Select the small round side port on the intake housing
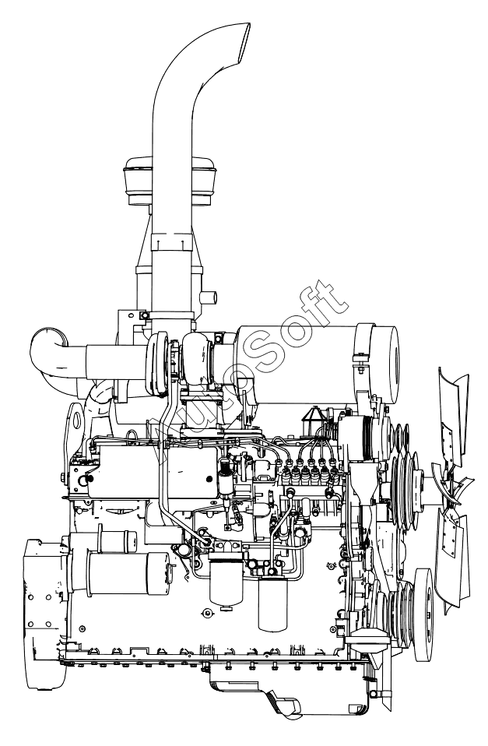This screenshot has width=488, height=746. pos(209,299)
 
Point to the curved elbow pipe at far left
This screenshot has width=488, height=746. pos(51,352)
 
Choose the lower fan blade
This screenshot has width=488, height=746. pos(455,561)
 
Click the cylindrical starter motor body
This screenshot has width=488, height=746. pos(128,573)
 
